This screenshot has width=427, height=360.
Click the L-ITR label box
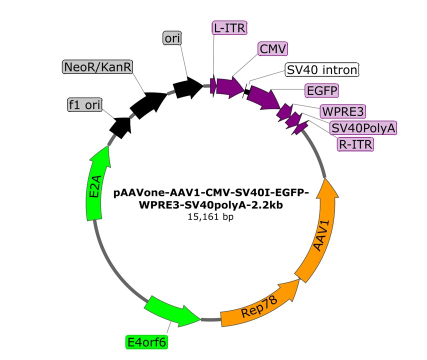(x=229, y=28)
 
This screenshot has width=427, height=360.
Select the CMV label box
(x=273, y=49)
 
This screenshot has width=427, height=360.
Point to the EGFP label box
(x=321, y=91)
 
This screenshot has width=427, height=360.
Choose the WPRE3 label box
(x=343, y=110)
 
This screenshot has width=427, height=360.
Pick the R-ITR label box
(x=355, y=144)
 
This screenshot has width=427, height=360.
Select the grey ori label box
(x=172, y=37)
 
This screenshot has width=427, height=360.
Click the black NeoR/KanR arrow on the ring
(x=147, y=103)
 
